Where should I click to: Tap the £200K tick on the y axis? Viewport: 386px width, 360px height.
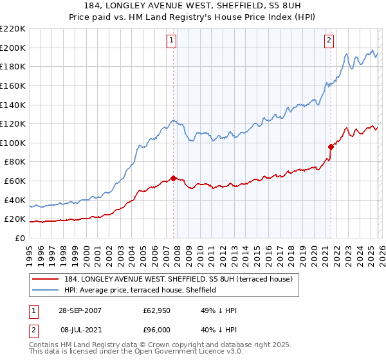tap(13, 48)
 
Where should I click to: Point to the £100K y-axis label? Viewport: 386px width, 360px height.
tap(13, 143)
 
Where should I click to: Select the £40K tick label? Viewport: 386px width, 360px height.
tap(15, 200)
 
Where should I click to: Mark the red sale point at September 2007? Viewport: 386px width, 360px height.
tap(174, 178)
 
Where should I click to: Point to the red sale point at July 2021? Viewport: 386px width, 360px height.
tap(331, 147)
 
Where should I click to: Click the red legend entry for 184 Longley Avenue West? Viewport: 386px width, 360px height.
tap(179, 279)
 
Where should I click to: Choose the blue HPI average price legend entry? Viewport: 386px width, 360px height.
tap(147, 291)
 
